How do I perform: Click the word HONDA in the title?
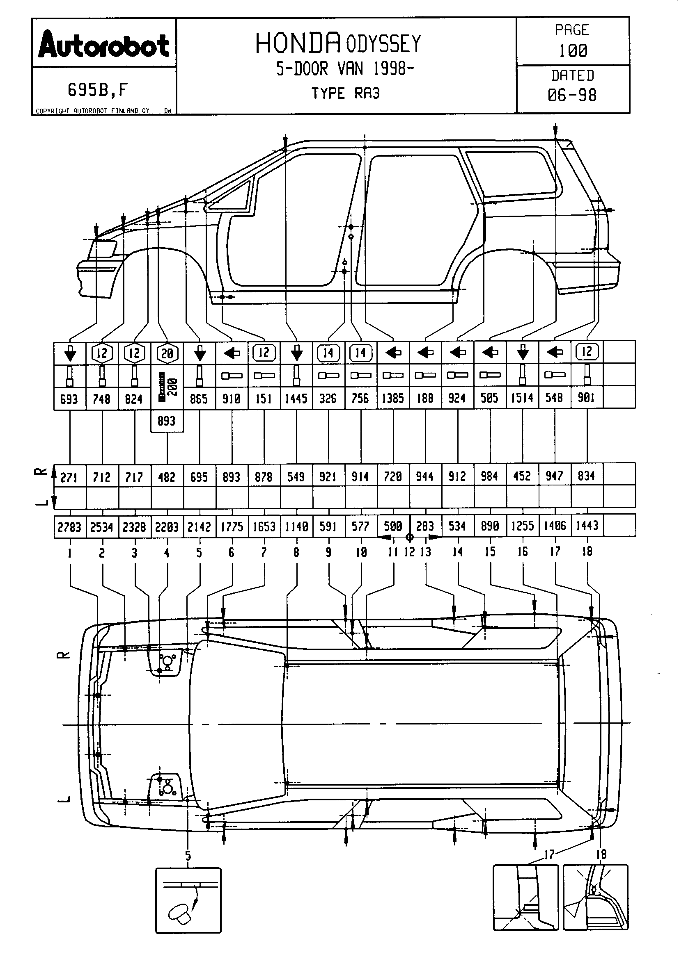coord(297,43)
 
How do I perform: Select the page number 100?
coord(573,50)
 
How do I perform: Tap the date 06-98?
coord(572,95)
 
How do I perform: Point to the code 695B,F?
coord(98,89)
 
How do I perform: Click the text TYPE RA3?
coord(345,93)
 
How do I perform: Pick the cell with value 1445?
coord(296,399)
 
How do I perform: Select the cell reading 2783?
coord(69,527)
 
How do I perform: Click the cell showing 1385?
coord(393,399)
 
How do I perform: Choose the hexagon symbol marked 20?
coord(167,354)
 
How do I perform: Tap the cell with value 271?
coord(69,476)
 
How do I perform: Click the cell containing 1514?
coord(522,398)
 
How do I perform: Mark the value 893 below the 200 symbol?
coord(166,421)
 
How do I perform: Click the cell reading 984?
coord(490,476)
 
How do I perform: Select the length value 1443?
coord(587,526)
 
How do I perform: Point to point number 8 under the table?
coord(296,552)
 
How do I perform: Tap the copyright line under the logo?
coord(93,111)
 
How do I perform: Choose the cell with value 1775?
coord(232,527)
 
